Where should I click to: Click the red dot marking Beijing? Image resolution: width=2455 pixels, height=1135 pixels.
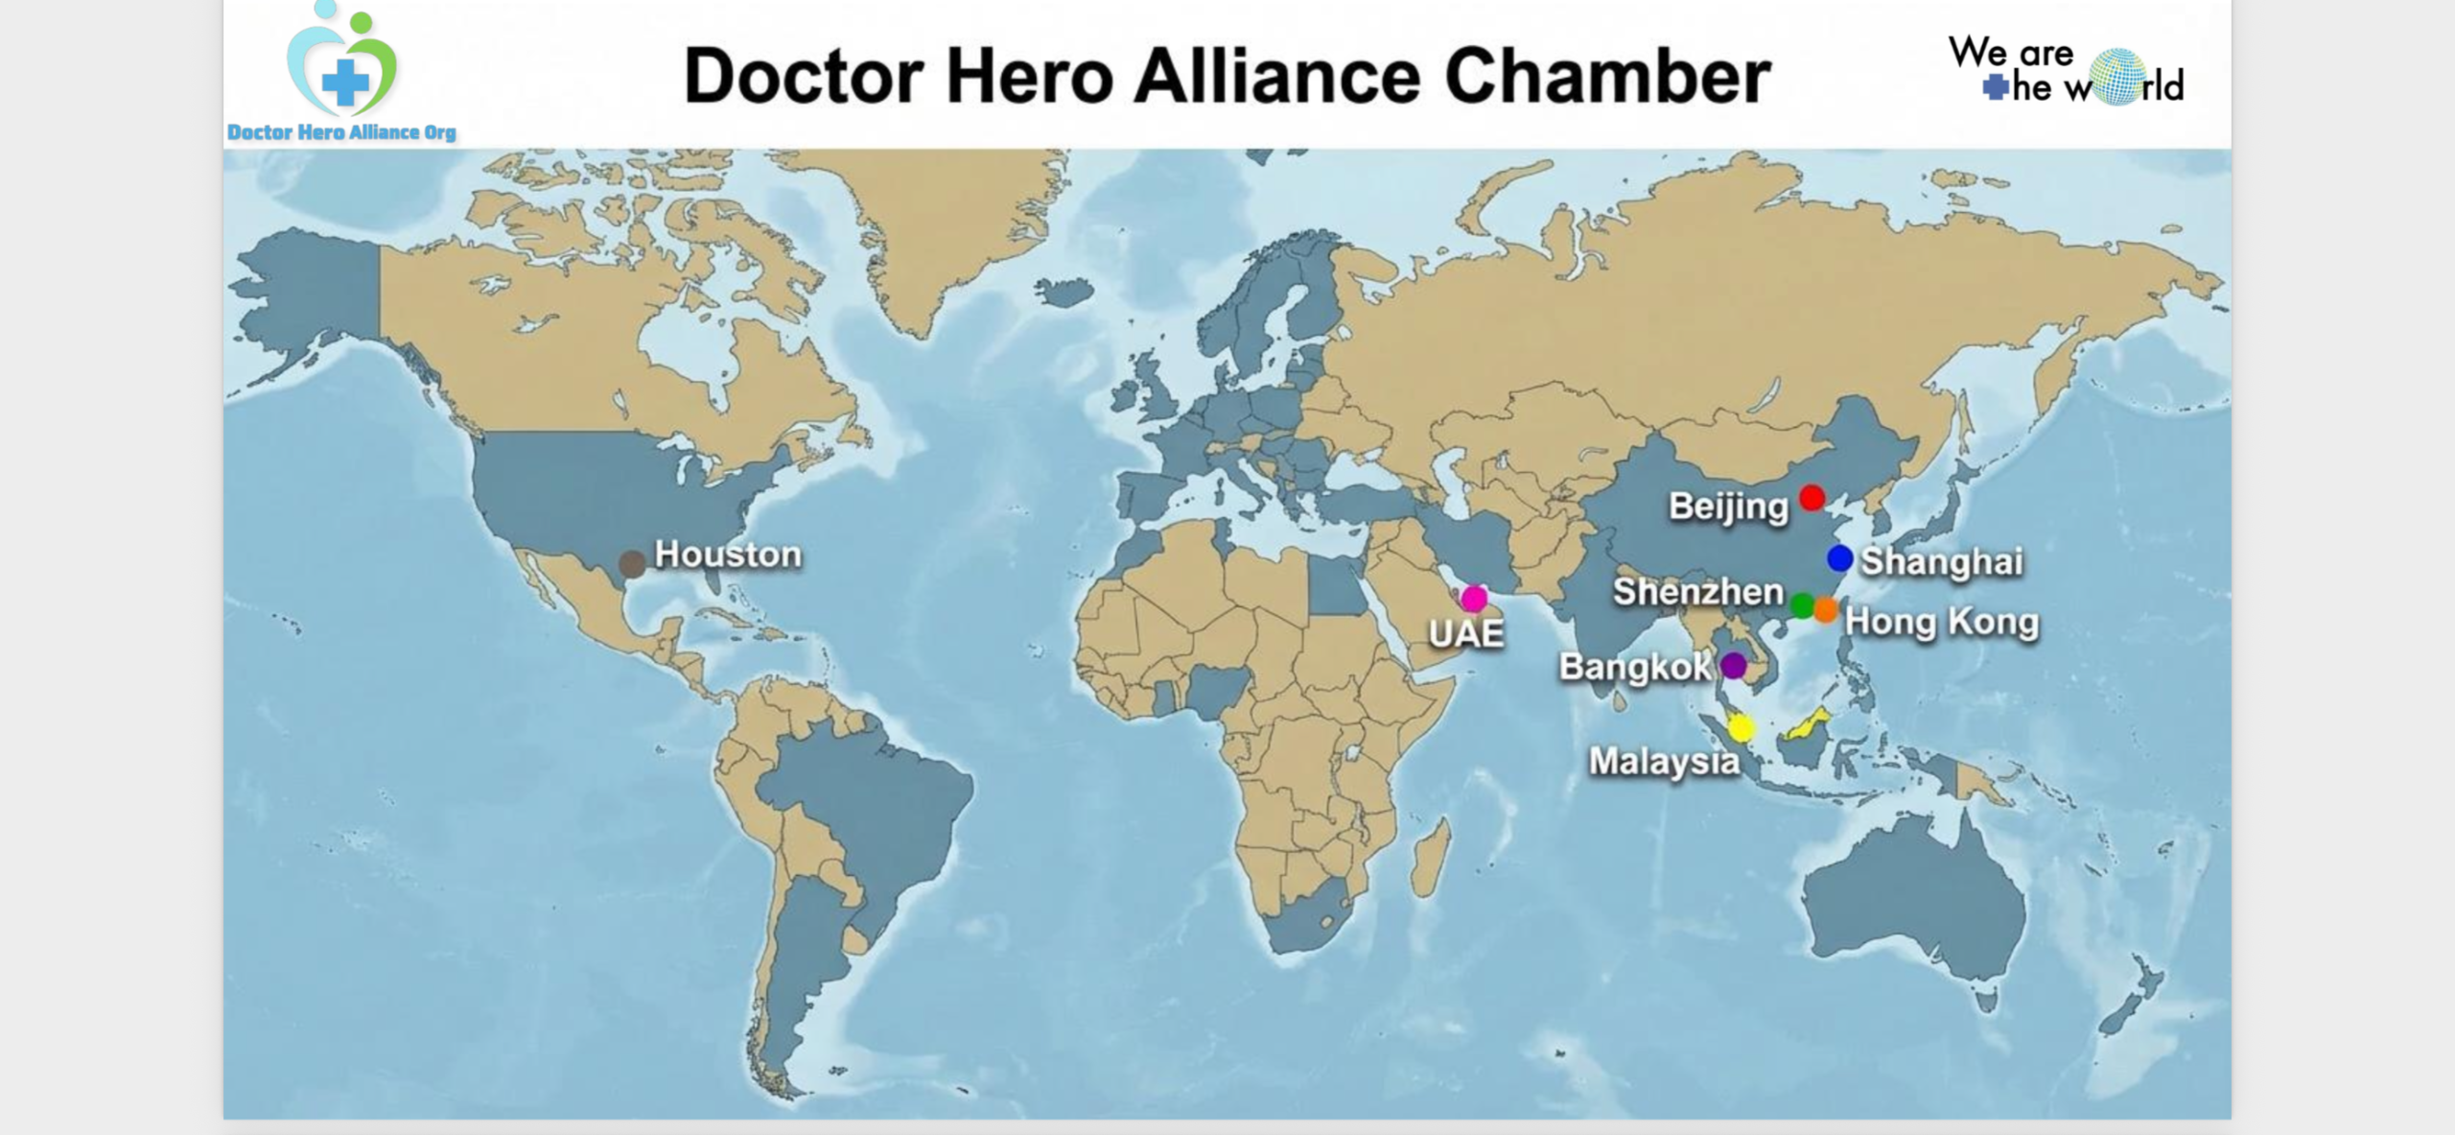point(1812,498)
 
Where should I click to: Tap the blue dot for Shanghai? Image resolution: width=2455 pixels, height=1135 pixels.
point(1839,558)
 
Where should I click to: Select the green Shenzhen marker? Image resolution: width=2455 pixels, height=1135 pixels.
point(1803,605)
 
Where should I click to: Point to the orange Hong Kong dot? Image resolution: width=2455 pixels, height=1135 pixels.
point(1826,609)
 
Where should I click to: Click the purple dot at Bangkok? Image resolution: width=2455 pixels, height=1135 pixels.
point(1733,665)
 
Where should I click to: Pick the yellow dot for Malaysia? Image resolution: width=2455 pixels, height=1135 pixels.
point(1742,728)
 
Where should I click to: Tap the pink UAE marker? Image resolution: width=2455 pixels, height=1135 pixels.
point(1474,599)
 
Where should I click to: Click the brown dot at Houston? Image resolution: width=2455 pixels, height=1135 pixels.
point(632,564)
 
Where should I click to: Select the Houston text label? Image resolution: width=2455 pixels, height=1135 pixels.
point(728,555)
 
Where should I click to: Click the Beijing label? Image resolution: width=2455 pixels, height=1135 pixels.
point(1728,507)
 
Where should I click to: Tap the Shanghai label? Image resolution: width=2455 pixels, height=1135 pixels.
point(1942,561)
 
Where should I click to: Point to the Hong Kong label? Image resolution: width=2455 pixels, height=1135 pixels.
point(1942,622)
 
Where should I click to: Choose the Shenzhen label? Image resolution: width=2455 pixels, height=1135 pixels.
point(1698,592)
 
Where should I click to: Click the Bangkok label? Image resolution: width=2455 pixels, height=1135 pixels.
point(1634,666)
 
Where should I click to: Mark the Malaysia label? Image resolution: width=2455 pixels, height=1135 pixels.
point(1664,761)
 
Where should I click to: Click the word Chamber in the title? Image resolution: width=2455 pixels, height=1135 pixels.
point(1608,77)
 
